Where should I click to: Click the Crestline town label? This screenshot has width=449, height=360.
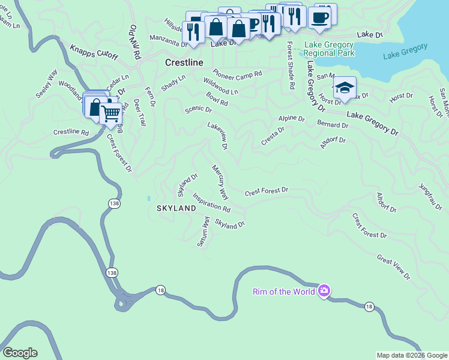(184, 62)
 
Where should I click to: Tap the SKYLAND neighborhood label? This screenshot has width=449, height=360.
(176, 208)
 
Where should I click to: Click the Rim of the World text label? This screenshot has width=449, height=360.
(284, 292)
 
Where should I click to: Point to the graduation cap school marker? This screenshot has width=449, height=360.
(345, 87)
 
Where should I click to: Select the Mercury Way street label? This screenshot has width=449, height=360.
(220, 182)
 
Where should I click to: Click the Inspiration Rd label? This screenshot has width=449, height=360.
(211, 202)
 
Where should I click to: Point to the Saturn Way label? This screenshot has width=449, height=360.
(204, 232)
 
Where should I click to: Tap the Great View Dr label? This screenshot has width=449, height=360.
(393, 267)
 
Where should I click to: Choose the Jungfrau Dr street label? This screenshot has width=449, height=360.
(430, 197)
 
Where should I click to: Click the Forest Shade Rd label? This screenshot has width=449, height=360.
(291, 65)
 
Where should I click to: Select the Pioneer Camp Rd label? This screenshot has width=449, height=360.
(237, 74)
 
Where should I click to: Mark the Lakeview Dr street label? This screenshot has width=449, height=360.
(217, 136)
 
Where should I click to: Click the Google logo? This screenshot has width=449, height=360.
(20, 353)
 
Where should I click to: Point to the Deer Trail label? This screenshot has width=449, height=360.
(140, 112)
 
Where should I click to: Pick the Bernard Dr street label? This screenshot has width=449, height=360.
(333, 125)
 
